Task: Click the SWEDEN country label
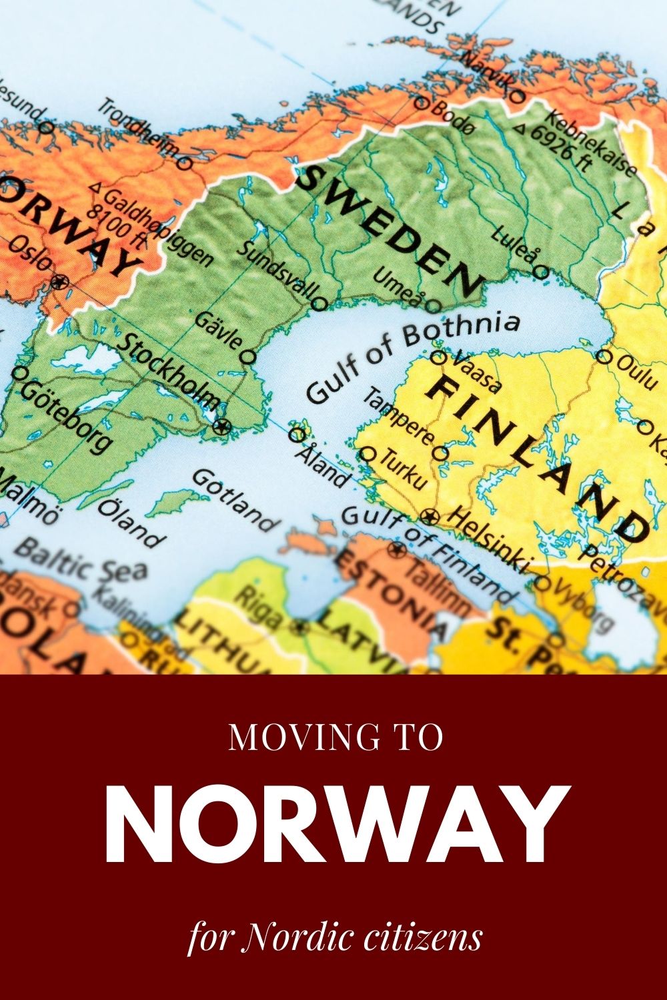pos(391,231)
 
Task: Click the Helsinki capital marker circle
pos(430,515)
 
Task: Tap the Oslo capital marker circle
pos(60,281)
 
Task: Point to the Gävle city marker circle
pos(248,357)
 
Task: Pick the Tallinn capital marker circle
pos(398,549)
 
